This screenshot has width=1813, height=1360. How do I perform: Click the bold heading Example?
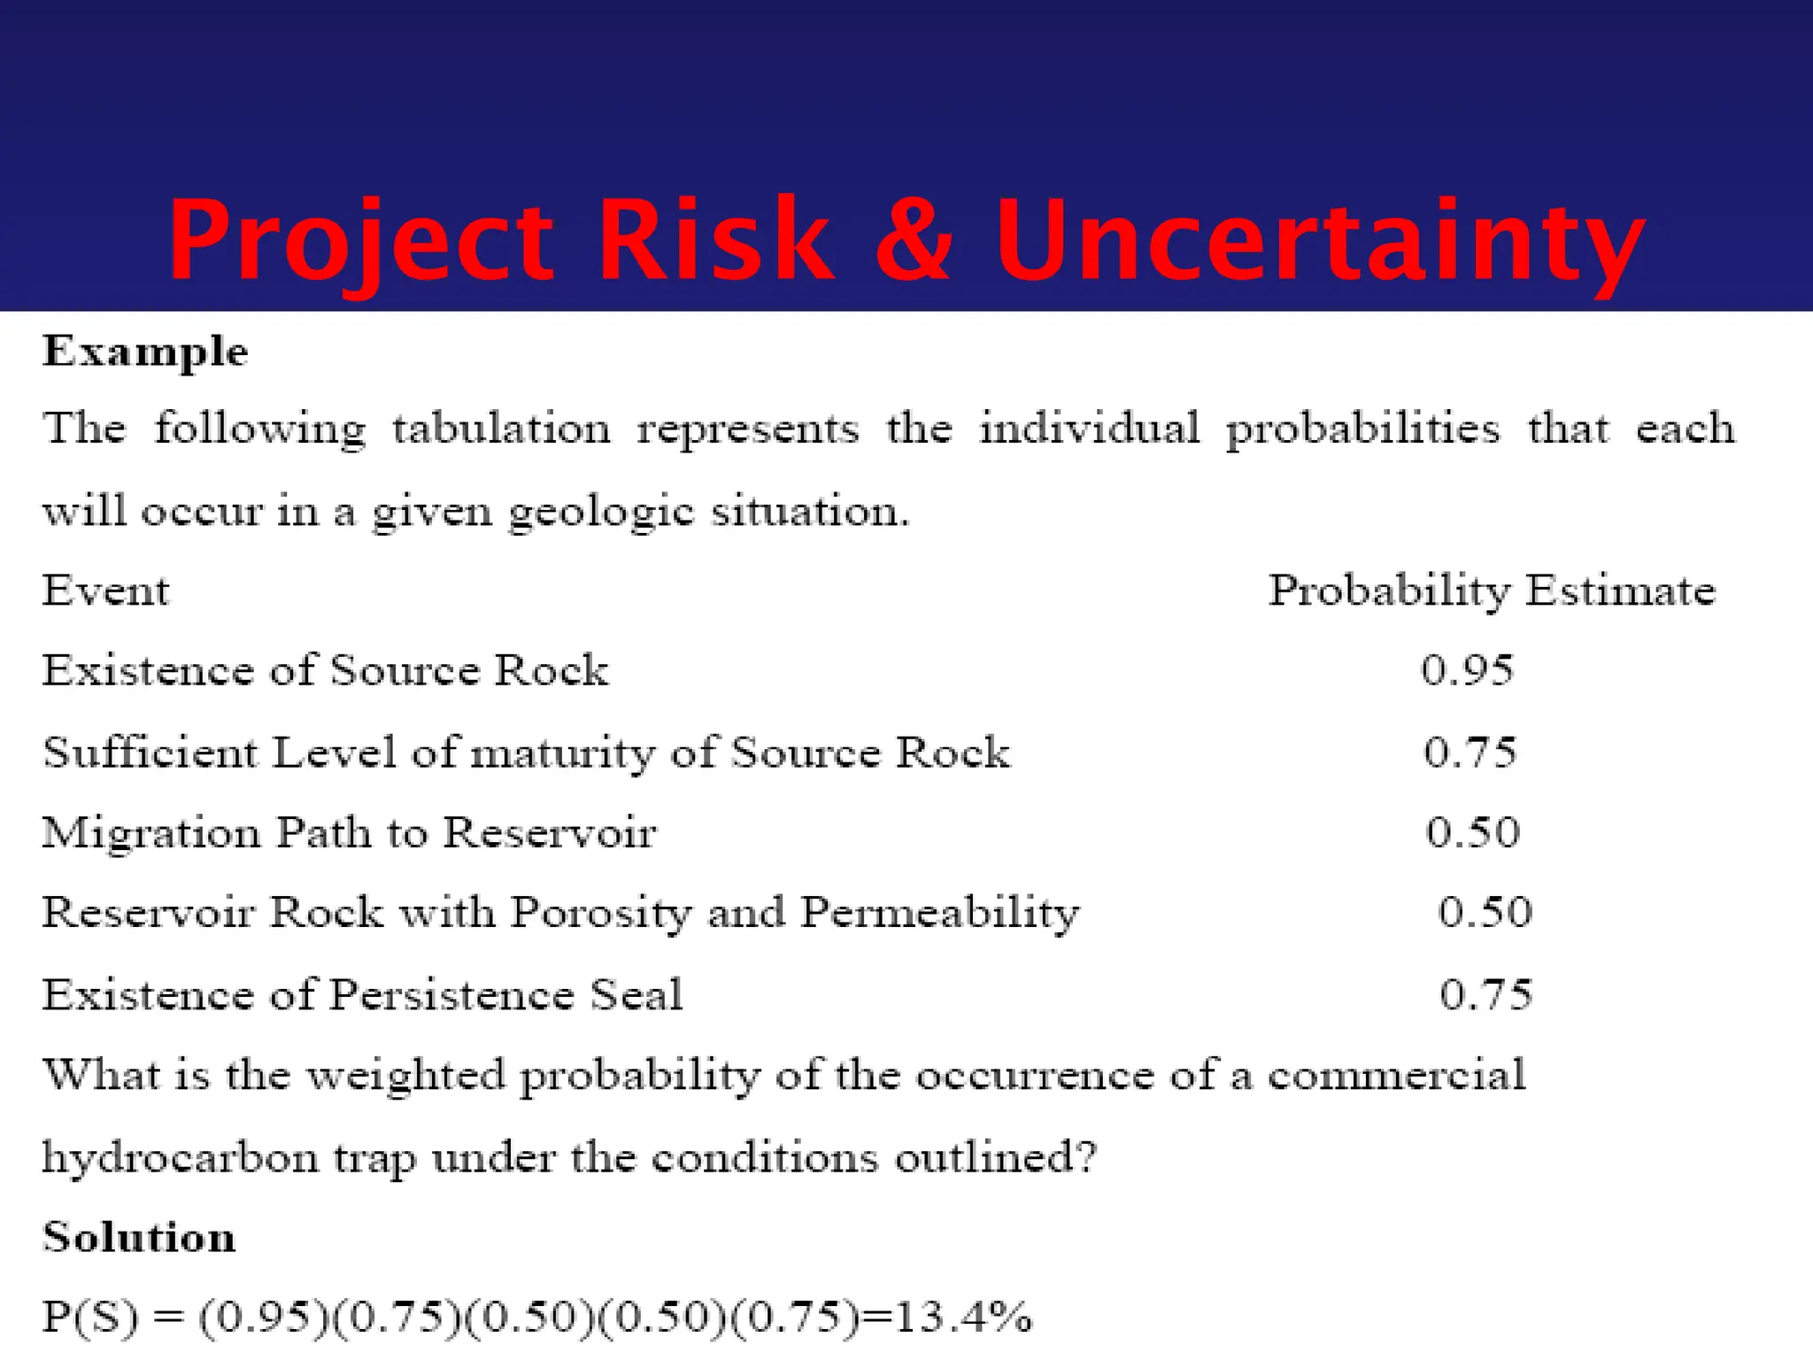point(145,352)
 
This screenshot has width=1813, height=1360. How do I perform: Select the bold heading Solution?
point(139,1237)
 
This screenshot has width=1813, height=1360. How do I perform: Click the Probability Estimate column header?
point(1492,591)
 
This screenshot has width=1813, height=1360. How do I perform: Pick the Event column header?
point(105,591)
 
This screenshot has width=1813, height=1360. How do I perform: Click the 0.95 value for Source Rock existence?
point(1467,670)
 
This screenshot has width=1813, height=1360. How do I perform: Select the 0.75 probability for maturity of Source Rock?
point(1470,753)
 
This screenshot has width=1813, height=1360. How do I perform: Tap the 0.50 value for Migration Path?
point(1472,832)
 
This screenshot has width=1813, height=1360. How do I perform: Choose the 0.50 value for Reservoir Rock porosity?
point(1485,912)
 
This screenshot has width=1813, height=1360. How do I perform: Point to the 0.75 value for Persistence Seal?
point(1485,994)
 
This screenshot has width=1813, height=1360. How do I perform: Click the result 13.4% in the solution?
point(963,1317)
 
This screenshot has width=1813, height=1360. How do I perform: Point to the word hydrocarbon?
point(180,1158)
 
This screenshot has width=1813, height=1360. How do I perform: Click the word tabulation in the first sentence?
point(501,429)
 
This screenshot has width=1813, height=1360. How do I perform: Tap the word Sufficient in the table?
point(150,753)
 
